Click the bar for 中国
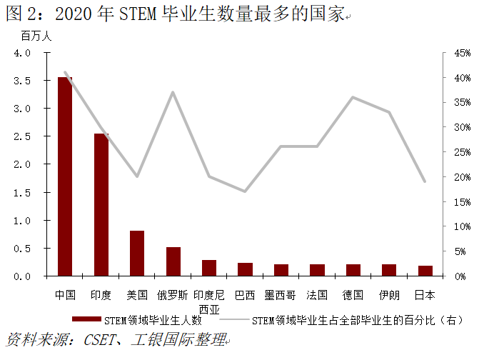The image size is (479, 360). (65, 176)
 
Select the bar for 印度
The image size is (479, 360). (101, 204)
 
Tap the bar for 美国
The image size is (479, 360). (137, 254)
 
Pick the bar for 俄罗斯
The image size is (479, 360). (173, 261)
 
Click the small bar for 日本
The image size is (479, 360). (425, 271)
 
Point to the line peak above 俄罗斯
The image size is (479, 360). (173, 92)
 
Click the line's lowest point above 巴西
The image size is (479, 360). (245, 191)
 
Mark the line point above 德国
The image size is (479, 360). (353, 97)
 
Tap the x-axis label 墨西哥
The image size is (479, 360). (281, 294)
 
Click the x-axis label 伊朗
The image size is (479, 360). (389, 294)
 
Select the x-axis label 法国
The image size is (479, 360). (317, 294)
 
